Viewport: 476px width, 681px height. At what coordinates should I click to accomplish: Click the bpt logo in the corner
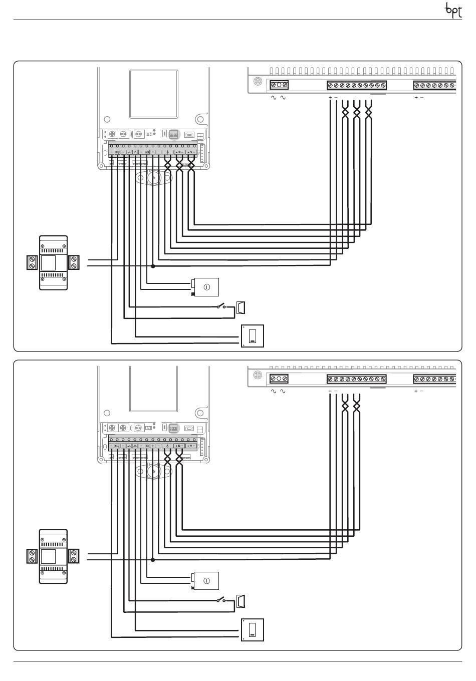pyautogui.click(x=453, y=11)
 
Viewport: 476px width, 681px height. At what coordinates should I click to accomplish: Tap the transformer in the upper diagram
pyautogui.click(x=53, y=262)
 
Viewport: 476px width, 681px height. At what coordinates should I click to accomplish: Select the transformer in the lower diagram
pyautogui.click(x=53, y=556)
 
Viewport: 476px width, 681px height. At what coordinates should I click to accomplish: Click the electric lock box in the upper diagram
pyautogui.click(x=205, y=287)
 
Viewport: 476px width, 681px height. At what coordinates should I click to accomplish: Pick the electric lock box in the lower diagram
pyautogui.click(x=205, y=580)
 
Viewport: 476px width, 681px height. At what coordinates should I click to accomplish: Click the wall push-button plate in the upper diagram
pyautogui.click(x=253, y=335)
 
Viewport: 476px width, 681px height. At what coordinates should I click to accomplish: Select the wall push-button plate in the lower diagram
pyautogui.click(x=253, y=629)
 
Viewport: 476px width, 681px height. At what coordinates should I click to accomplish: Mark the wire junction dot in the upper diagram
pyautogui.click(x=153, y=266)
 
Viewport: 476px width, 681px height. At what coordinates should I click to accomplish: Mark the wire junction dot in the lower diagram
pyautogui.click(x=153, y=560)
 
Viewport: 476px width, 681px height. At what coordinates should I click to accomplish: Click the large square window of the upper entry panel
pyautogui.click(x=154, y=94)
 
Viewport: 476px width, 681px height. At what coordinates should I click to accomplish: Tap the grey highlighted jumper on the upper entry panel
pyautogui.click(x=174, y=135)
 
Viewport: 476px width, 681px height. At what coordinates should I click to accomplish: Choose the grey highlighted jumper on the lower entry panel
pyautogui.click(x=174, y=428)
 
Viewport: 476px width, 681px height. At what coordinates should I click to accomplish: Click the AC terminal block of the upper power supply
pyautogui.click(x=279, y=85)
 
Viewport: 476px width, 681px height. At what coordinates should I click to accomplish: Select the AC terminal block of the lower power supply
pyautogui.click(x=279, y=379)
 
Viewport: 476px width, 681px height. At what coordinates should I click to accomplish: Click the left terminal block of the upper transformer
pyautogui.click(x=33, y=262)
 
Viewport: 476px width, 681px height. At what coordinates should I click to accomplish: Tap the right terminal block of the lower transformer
pyautogui.click(x=74, y=556)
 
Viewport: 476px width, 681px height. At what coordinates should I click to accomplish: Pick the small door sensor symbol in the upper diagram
pyautogui.click(x=241, y=307)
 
